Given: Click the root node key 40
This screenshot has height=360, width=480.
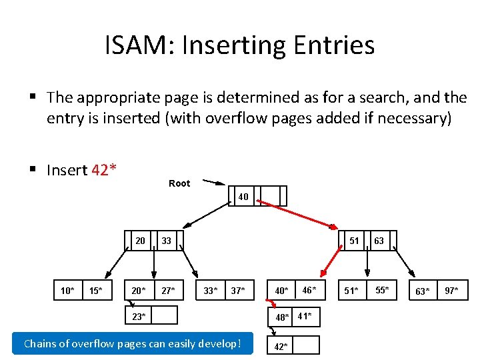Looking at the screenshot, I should pyautogui.click(x=243, y=197).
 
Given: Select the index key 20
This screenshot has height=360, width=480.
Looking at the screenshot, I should pyautogui.click(x=141, y=241).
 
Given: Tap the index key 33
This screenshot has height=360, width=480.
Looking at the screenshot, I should pyautogui.click(x=166, y=241).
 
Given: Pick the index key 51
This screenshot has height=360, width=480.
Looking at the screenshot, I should pyautogui.click(x=354, y=241).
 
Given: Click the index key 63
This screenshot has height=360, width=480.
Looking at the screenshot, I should pyautogui.click(x=379, y=241).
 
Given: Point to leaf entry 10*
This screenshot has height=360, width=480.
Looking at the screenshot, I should pyautogui.click(x=67, y=290).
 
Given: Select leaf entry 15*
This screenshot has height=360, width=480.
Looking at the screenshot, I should pyautogui.click(x=96, y=290).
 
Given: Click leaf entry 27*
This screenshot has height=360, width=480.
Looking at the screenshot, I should pyautogui.click(x=168, y=290).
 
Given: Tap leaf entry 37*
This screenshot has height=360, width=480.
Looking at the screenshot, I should pyautogui.click(x=237, y=290).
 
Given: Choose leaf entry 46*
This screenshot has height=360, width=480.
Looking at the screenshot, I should pyautogui.click(x=309, y=290).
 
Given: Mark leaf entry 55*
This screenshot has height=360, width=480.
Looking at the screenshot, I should pyautogui.click(x=381, y=290).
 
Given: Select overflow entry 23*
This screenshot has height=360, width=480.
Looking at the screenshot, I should pyautogui.click(x=139, y=316).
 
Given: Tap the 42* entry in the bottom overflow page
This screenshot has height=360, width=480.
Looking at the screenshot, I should pyautogui.click(x=281, y=346).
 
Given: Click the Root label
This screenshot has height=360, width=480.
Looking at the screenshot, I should pyautogui.click(x=179, y=183).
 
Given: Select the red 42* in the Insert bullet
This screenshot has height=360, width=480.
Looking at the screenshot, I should pyautogui.click(x=104, y=170).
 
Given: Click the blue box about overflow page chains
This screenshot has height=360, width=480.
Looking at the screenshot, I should pyautogui.click(x=133, y=344).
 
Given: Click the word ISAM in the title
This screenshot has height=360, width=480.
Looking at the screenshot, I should pyautogui.click(x=137, y=45).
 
